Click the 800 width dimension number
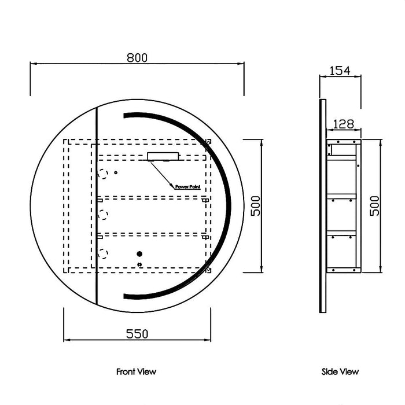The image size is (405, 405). point(137,57)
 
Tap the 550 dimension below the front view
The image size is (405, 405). point(137,334)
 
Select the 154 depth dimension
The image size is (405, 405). point(340,71)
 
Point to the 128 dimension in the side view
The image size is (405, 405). point(344,123)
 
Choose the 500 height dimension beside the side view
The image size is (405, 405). point(375,205)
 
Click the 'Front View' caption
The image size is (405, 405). point(136,371)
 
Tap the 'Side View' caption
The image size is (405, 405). point(340,371)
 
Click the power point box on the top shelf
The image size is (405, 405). point(164,156)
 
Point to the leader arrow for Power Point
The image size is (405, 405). point(162,174)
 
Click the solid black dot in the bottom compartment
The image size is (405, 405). point(139,254)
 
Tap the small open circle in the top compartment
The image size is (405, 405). point(116,172)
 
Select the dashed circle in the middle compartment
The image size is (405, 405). point(104,215)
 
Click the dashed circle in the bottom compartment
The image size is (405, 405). point(104,253)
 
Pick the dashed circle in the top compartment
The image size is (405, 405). point(104,173)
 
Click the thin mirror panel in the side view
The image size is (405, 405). point(323,205)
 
